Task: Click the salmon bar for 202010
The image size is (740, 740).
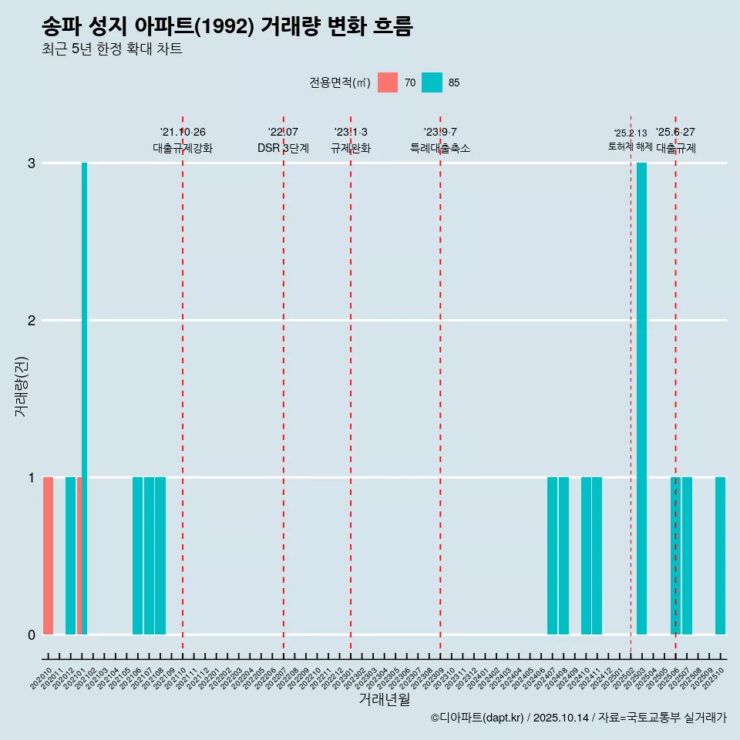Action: coord(48,556)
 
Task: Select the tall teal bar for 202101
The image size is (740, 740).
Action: coord(85,399)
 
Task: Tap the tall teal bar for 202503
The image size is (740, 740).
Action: coord(641,399)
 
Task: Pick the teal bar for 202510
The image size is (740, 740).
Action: coord(720,556)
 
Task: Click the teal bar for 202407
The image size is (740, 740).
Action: coord(552,556)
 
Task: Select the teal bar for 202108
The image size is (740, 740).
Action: coord(160,556)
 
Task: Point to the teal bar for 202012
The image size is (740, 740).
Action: coord(70,556)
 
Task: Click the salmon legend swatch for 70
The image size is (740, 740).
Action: coord(388,82)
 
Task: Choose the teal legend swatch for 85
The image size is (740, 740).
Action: coord(432,82)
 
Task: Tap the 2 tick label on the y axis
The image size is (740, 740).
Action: coord(32,321)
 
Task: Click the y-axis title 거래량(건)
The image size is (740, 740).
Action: coord(21,386)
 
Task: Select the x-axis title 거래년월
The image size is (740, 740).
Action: coord(384,699)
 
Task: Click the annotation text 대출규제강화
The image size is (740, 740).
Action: coord(183,148)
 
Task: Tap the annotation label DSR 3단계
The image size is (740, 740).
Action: coord(284,148)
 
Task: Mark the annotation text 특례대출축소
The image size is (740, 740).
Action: coord(440,148)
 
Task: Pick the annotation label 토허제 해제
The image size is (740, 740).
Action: coord(631,146)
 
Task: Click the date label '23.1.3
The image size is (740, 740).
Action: coord(351,133)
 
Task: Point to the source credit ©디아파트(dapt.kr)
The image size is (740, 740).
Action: coord(478,718)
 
